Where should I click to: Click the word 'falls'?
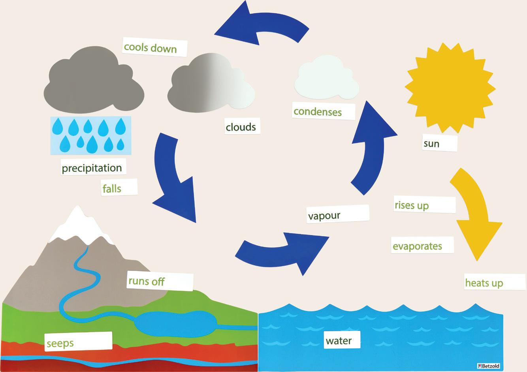click(x=113, y=188)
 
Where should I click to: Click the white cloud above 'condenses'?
click(x=326, y=79)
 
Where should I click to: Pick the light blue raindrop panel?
click(x=91, y=135)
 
